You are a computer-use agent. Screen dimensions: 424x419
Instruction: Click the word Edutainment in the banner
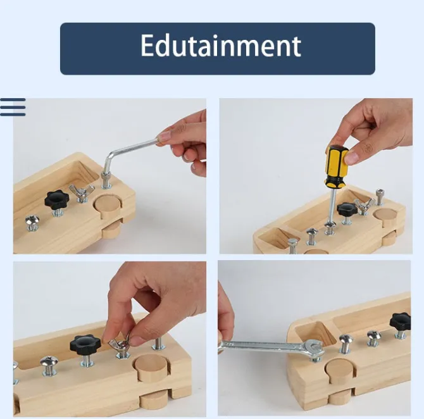[221, 46]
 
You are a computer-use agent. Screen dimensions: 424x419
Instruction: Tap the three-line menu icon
[13, 107]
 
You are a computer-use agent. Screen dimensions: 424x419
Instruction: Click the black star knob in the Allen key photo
[57, 199]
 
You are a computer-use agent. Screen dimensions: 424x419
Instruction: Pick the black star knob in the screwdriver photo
[347, 209]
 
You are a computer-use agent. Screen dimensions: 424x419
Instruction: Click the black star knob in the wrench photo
[400, 322]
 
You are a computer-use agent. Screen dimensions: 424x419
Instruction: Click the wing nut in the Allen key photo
[82, 191]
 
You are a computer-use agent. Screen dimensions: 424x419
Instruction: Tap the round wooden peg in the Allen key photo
[108, 208]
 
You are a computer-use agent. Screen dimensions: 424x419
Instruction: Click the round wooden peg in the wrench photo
[340, 370]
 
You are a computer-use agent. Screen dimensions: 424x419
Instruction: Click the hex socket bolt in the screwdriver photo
[380, 197]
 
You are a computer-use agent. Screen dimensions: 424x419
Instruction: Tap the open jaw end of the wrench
[314, 346]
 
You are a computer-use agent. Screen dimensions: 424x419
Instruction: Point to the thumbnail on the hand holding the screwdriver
[352, 158]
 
